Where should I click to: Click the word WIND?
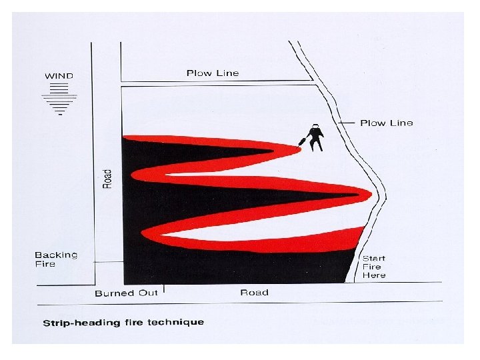59,75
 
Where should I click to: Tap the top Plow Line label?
212,73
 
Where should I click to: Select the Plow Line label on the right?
386,123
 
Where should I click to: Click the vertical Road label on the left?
107,177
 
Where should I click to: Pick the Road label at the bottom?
254,292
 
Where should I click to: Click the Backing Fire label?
56,259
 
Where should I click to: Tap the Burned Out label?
125,293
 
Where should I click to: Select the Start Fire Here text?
373,266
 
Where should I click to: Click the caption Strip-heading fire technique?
123,323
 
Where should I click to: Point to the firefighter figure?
314,137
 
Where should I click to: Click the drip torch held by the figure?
302,141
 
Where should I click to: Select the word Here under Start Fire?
373,275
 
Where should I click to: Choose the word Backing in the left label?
56,255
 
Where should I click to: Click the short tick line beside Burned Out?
163,289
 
